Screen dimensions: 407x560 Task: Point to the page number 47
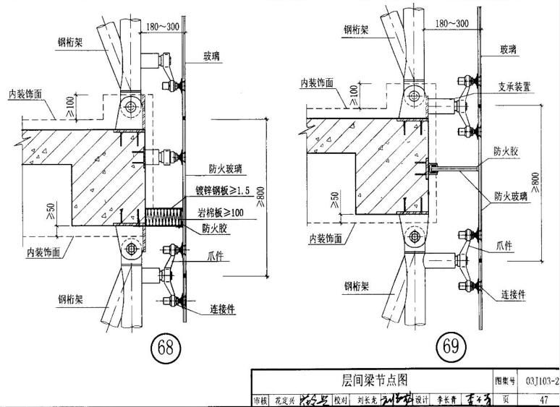(x=543, y=398)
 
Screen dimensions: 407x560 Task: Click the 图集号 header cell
(x=504, y=380)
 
